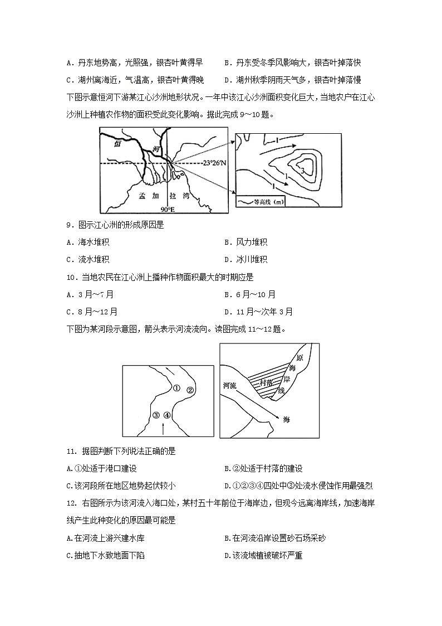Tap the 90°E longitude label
168,209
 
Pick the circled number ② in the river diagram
190,390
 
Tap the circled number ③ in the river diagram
156,415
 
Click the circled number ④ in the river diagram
167,415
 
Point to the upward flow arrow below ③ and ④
162,428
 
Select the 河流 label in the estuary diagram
230,385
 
